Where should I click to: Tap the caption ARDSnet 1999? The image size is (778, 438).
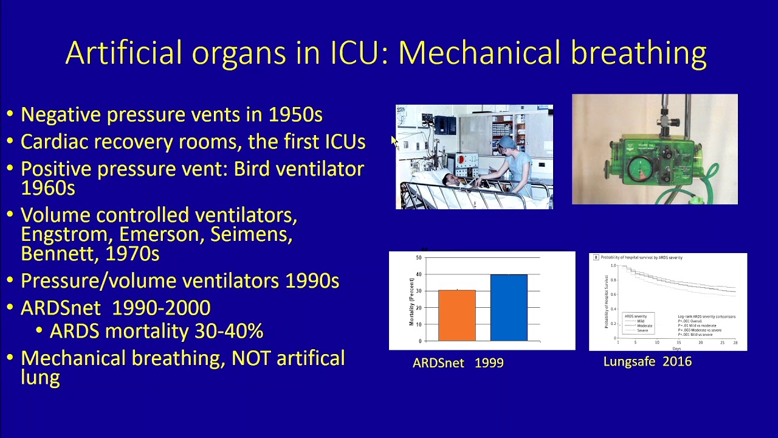coord(458,363)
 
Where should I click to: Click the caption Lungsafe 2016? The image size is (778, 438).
coord(647,362)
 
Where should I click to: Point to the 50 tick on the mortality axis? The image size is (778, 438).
coord(418,258)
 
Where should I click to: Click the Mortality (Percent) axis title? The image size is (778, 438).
coord(411,301)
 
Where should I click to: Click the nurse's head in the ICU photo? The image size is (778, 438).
coord(506,145)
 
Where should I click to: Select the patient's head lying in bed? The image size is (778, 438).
coord(449,179)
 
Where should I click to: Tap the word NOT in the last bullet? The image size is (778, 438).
coord(250,358)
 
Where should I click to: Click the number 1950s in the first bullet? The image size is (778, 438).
coord(295,114)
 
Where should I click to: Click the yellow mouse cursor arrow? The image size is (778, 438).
coord(394,141)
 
